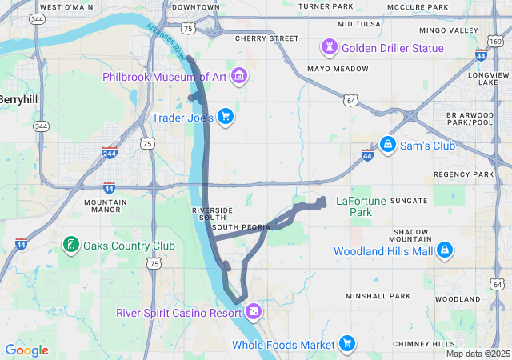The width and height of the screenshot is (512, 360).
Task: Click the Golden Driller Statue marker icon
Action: (329, 48)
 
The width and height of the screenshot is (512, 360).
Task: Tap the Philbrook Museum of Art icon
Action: (238, 77)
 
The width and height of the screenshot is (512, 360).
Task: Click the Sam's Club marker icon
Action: (388, 146)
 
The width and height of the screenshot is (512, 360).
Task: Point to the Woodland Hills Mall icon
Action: (445, 251)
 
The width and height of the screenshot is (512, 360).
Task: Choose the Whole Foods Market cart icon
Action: (346, 345)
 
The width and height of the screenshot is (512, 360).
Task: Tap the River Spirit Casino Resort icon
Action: (254, 312)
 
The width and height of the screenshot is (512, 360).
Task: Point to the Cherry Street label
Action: (266, 38)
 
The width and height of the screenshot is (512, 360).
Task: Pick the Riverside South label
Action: (213, 214)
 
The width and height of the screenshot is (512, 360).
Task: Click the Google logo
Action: (26, 350)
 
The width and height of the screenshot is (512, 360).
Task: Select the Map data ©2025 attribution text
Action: (477, 354)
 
